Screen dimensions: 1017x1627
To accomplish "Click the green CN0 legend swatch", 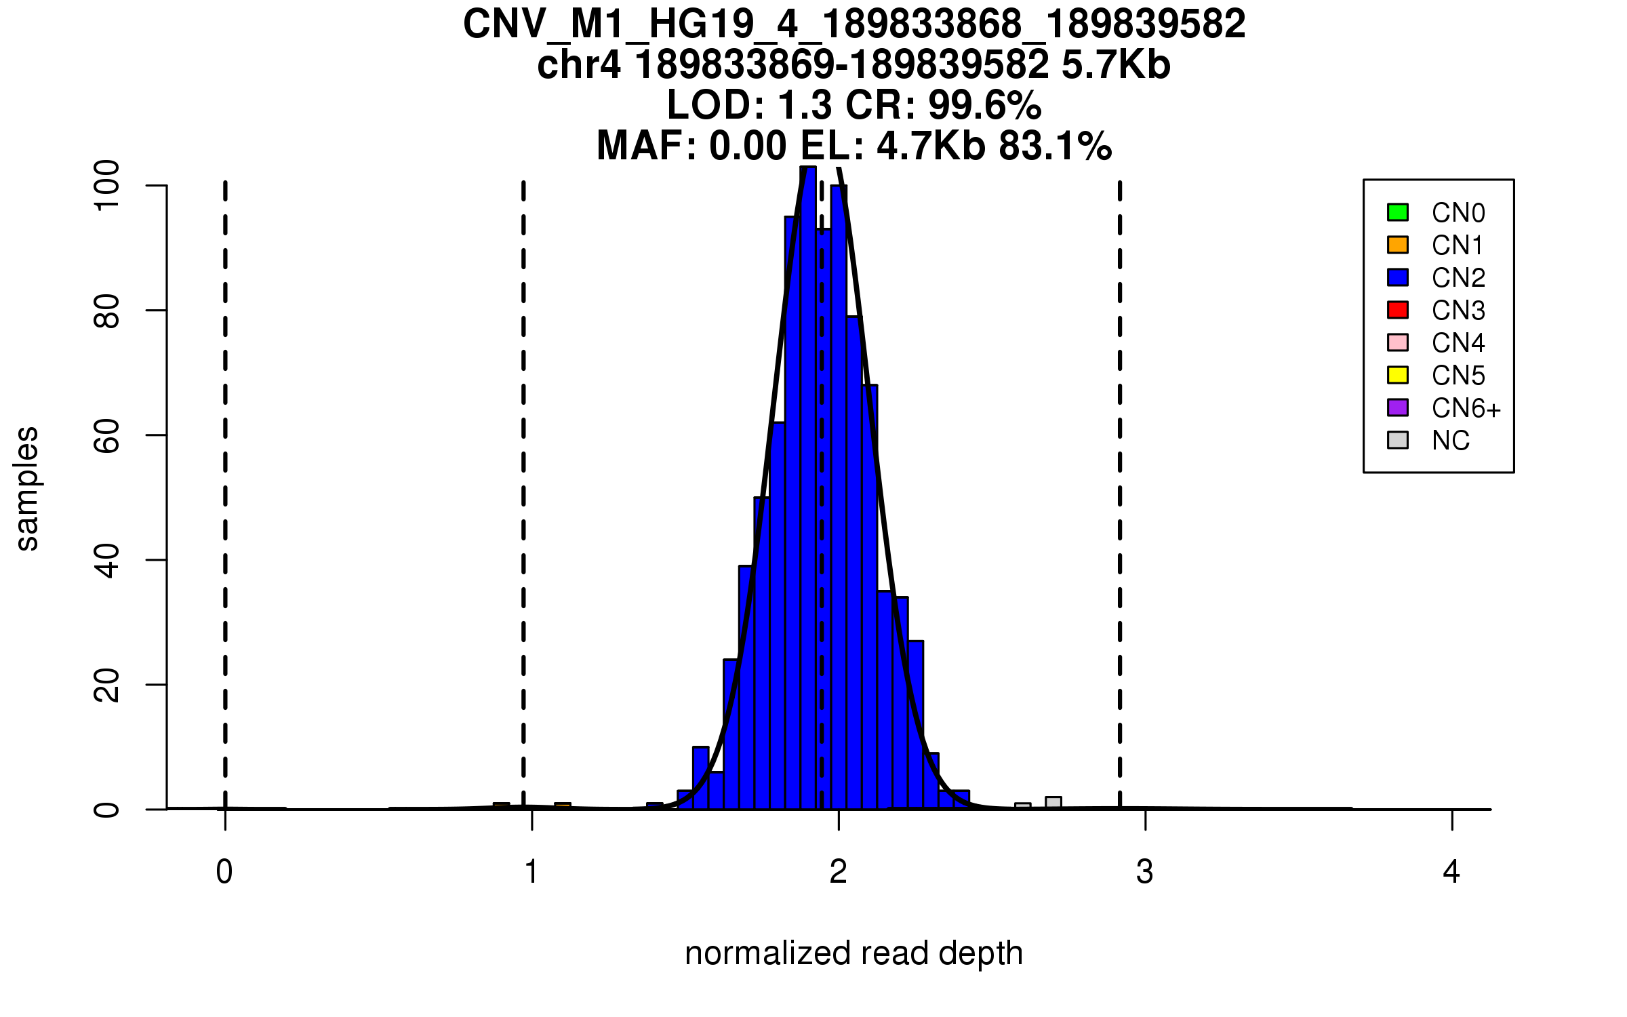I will tap(1398, 212).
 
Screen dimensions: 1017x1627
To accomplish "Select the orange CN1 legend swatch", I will tap(1398, 245).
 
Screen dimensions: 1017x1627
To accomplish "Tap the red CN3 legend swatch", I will tap(1398, 310).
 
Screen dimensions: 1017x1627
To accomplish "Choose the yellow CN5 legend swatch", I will tap(1398, 375).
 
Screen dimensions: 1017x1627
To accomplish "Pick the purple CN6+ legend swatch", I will tap(1398, 407).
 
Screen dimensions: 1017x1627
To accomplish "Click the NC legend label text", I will tap(1451, 441).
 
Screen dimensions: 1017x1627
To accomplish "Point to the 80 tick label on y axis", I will tap(107, 311).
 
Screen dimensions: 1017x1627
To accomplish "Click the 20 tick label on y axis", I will tap(107, 685).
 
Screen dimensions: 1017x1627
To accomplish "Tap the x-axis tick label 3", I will tap(1145, 872).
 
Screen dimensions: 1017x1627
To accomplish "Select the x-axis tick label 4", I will tap(1451, 872).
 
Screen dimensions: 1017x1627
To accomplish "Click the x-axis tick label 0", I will tap(224, 872).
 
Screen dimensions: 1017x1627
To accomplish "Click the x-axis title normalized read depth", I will tap(853, 953).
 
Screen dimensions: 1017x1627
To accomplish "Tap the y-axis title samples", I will tap(27, 488).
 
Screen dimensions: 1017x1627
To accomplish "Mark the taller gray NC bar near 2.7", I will tap(1053, 803).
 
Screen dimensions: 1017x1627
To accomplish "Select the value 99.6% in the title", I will tap(984, 105).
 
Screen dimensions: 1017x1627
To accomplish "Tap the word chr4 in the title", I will tap(578, 65).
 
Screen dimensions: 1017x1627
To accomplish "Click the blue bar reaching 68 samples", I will tap(870, 597).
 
